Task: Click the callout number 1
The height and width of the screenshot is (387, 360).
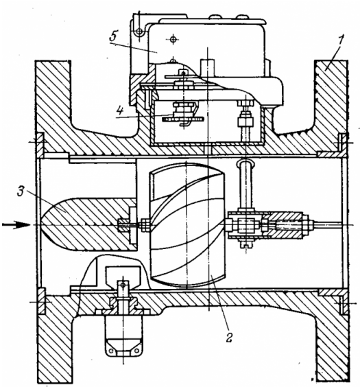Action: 341,40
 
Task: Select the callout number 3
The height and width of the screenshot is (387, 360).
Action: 21,191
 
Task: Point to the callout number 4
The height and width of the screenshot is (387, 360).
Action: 120,111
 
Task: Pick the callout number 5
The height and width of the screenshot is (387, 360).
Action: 113,36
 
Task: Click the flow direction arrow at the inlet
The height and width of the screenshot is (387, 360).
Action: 16,225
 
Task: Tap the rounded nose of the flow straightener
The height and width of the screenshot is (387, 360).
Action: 49,224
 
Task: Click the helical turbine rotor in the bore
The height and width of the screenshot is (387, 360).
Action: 187,225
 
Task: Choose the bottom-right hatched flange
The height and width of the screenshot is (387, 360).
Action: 333,346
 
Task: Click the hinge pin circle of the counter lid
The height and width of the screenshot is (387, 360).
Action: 140,32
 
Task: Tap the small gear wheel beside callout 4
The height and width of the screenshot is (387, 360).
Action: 183,119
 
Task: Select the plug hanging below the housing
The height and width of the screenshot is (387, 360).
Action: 123,336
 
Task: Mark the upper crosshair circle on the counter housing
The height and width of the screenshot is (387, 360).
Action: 174,38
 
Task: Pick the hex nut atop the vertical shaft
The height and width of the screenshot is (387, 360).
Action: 245,102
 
